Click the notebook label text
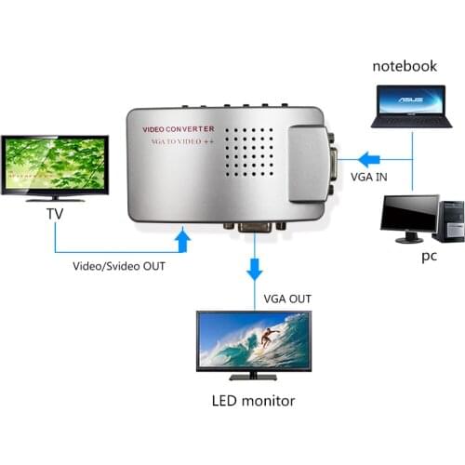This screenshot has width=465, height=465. pos(405,67)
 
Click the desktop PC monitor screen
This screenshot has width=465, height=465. pos(409,215)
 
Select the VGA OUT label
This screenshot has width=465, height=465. pos(287,299)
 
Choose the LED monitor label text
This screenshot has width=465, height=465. pos(252,402)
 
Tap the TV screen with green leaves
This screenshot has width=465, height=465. pos(55,165)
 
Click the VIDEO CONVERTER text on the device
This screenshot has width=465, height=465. pos(178,128)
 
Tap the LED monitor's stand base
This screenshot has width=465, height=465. pos(253,377)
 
